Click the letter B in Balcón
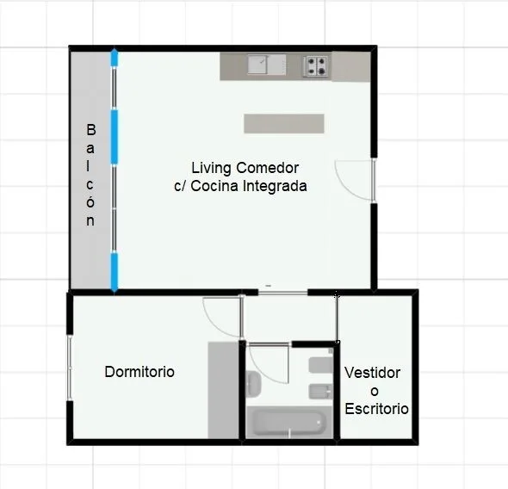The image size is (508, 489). [91, 130]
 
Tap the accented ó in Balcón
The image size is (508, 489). [90, 201]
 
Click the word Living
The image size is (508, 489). [211, 168]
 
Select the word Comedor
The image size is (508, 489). [267, 168]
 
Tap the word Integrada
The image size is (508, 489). [275, 186]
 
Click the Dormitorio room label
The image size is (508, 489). [139, 372]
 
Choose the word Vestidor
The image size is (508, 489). [372, 373]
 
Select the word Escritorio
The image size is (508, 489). [376, 409]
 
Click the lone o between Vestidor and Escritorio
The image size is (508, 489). [375, 392]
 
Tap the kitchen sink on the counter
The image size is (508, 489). [267, 65]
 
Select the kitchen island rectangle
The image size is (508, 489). [284, 123]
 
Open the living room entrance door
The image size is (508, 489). [355, 180]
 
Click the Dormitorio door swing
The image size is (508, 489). [223, 317]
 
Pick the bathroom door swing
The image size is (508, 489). [269, 363]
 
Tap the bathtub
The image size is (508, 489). [289, 423]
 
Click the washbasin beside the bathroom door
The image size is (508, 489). [253, 385]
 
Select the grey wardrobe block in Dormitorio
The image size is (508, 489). [223, 390]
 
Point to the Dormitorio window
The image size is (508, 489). [70, 368]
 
